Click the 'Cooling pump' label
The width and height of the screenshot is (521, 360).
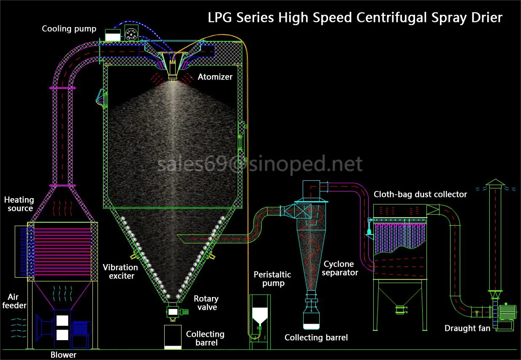[69, 29]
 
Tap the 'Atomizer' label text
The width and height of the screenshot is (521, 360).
[215, 77]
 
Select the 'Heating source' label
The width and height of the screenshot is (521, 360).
[19, 204]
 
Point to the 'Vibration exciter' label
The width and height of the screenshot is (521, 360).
[120, 272]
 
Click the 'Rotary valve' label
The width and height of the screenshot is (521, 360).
[206, 303]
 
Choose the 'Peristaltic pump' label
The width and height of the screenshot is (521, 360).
[272, 279]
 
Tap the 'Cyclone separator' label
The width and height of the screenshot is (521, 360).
[341, 268]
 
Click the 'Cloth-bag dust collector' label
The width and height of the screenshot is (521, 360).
[420, 194]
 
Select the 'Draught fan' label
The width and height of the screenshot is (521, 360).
[467, 328]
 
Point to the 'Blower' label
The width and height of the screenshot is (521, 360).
[63, 355]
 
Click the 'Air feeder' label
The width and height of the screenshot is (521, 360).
[15, 301]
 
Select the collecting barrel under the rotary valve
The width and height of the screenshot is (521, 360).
[173, 337]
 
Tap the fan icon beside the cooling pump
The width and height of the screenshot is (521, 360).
[132, 33]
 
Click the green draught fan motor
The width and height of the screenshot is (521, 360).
[507, 312]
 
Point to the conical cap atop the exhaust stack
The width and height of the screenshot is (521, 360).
[494, 182]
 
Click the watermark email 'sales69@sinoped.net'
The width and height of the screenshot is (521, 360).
[260, 164]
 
